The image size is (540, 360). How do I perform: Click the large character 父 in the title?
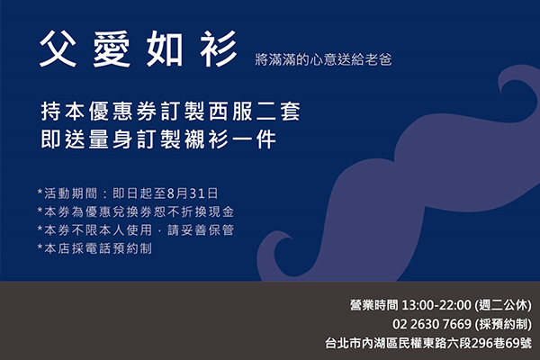coord(58,49)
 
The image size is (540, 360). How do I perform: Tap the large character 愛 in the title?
coord(112,49)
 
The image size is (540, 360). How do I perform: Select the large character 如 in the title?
coord(165,49)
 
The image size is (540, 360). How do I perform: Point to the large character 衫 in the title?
coord(219,49)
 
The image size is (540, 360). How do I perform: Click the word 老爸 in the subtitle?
coord(379,59)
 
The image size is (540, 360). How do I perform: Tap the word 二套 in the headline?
coord(278,112)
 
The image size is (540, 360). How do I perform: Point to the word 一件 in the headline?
coord(254,139)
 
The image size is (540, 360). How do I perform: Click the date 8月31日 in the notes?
coord(193,193)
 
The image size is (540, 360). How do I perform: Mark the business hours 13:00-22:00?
coord(436,305)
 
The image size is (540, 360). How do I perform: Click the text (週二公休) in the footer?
coord(503,305)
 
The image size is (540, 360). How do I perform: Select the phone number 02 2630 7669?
coord(432,324)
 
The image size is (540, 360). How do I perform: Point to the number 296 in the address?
coord(482,343)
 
